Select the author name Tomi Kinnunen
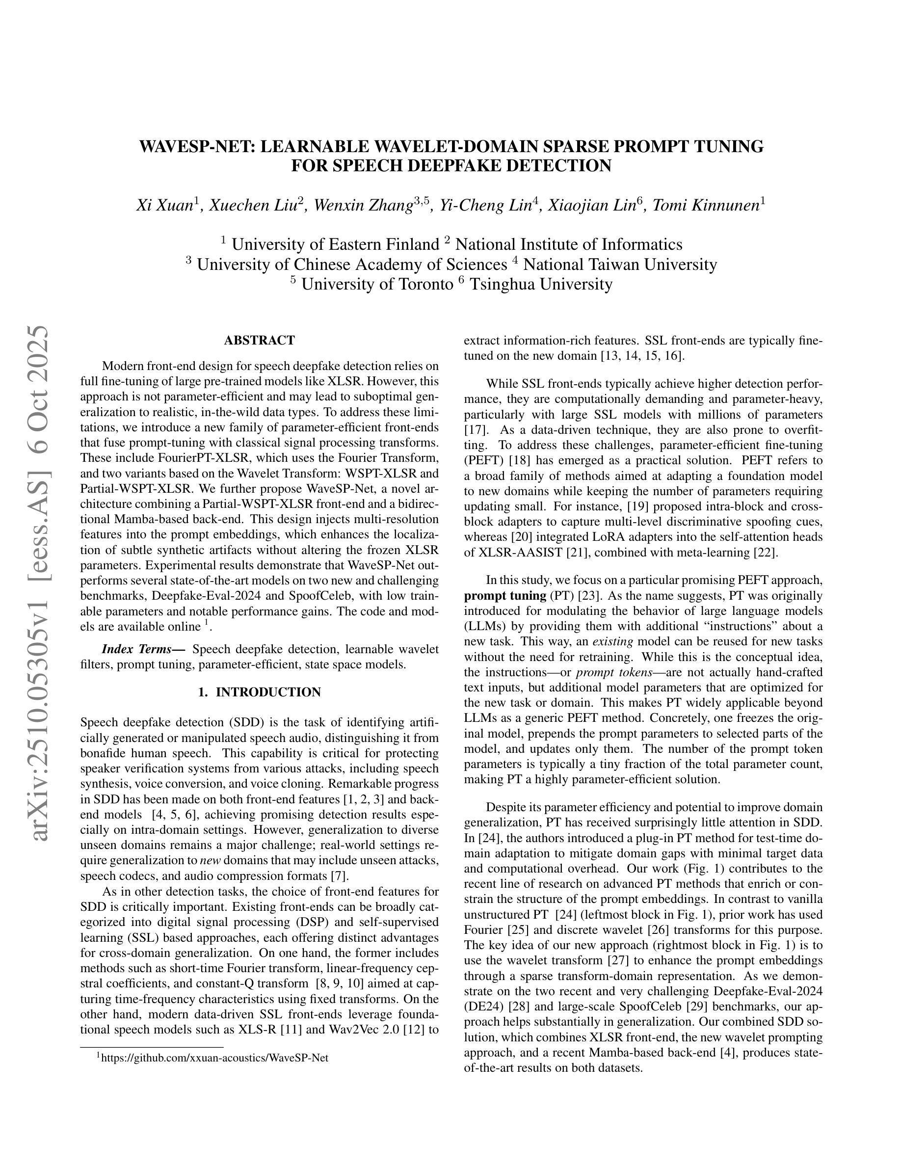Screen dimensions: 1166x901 click(x=706, y=205)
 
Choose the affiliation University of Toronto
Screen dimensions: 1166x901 click(x=377, y=284)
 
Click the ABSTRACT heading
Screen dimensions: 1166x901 click(x=260, y=341)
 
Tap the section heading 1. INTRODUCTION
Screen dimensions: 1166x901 click(x=260, y=692)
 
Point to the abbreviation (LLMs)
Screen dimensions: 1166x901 click(x=487, y=626)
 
